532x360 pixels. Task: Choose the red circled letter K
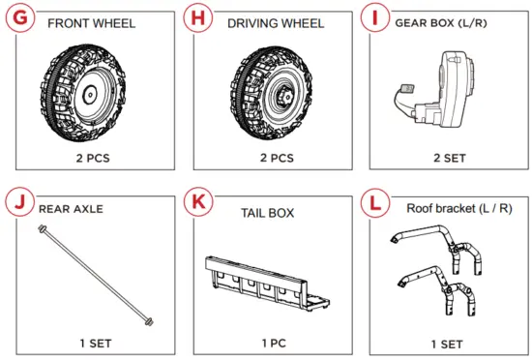click(199, 203)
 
